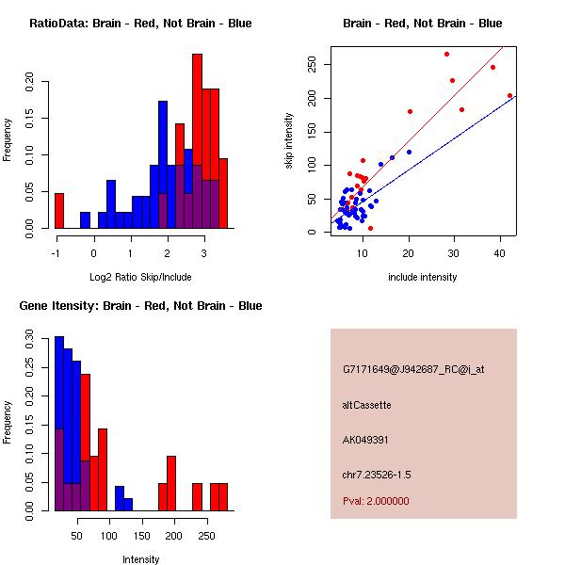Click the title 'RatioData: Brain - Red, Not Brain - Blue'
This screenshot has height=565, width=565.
pos(140,24)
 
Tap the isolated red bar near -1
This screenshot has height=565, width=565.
pos(59,210)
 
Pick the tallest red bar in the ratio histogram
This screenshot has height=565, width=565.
pos(198,141)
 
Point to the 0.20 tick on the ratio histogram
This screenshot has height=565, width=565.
pos(39,81)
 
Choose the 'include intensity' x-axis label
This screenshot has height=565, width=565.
pos(423,277)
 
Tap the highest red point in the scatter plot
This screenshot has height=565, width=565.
pos(446,54)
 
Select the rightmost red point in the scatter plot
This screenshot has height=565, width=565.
pos(509,95)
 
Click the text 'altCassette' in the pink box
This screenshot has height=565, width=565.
pos(367,405)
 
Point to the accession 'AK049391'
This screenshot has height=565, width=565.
pos(366,440)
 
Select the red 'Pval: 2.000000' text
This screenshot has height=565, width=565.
pos(377,501)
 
